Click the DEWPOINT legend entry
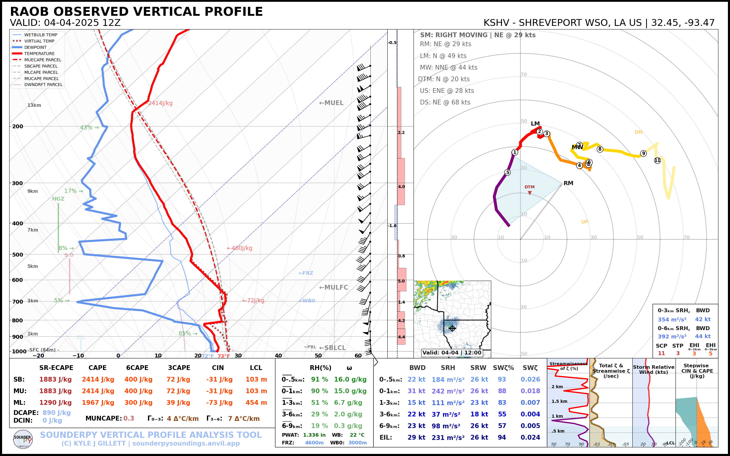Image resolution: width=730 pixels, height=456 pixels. (x=35, y=47)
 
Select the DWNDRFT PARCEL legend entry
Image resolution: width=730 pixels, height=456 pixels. (x=43, y=85)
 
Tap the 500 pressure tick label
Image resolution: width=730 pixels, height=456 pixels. (x=18, y=254)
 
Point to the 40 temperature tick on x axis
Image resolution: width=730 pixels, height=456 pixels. (x=278, y=356)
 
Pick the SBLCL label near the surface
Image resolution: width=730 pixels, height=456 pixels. (x=333, y=348)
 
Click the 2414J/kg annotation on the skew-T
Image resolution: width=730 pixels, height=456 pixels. (x=160, y=103)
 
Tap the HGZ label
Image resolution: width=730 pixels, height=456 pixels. (x=58, y=199)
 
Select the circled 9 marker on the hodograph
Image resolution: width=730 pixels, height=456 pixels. (x=643, y=153)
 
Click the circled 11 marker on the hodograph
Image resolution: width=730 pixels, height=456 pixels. (x=657, y=160)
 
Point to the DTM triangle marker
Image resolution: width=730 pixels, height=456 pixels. (x=530, y=193)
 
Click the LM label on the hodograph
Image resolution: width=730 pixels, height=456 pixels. (x=535, y=124)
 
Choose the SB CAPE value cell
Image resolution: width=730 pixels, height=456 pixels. (x=98, y=380)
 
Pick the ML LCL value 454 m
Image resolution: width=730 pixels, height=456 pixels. (x=256, y=403)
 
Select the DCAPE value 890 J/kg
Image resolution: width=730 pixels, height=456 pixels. (x=56, y=413)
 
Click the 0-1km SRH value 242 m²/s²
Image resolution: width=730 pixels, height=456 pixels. (x=448, y=391)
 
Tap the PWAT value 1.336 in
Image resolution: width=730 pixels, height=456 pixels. (x=314, y=435)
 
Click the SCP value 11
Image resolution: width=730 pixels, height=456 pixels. (x=662, y=354)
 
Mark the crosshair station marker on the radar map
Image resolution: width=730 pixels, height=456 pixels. (x=452, y=328)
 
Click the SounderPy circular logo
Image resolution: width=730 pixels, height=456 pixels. (x=23, y=439)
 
